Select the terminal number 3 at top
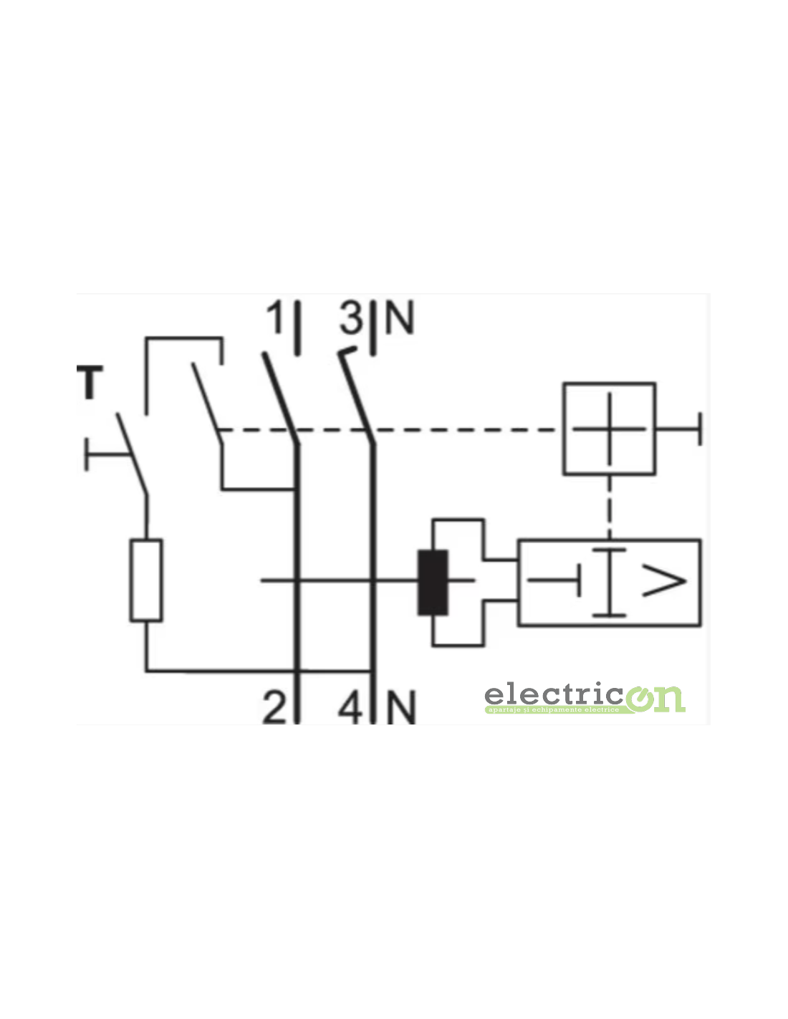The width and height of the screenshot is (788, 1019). (x=352, y=318)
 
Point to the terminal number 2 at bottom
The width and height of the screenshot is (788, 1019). (x=274, y=707)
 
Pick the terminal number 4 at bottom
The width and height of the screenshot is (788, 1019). (x=350, y=707)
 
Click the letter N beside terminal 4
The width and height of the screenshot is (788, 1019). (x=401, y=707)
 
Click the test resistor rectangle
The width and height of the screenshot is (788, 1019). (x=146, y=580)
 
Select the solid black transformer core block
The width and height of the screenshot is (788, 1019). (x=433, y=583)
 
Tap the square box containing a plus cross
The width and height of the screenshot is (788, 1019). (x=609, y=429)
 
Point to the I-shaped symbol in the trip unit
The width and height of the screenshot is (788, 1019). (x=609, y=582)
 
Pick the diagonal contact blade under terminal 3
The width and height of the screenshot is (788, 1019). (x=355, y=396)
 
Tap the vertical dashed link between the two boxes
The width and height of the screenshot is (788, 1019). (x=609, y=506)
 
